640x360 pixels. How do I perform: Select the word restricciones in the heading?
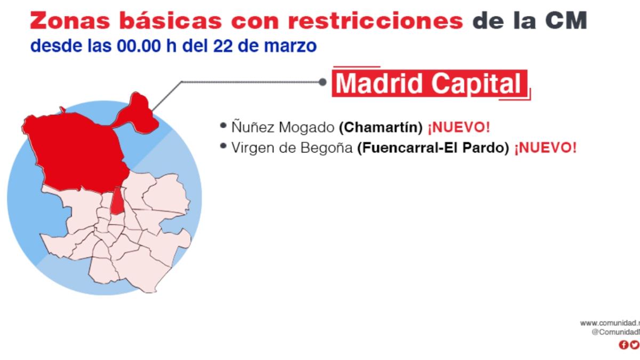tap(376, 21)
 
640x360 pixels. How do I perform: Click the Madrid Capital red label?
tap(430, 83)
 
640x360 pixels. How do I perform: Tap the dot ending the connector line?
tap(322, 82)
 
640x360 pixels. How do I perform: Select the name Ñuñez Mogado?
tap(283, 128)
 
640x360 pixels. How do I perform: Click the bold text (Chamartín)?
tap(381, 128)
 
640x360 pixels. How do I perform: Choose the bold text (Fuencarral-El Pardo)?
tap(433, 148)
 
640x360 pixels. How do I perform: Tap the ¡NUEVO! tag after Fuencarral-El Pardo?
tap(545, 148)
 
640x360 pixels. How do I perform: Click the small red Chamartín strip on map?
tap(117, 202)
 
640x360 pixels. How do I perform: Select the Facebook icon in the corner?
tap(623, 345)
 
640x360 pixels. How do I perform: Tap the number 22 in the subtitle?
tap(221, 46)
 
